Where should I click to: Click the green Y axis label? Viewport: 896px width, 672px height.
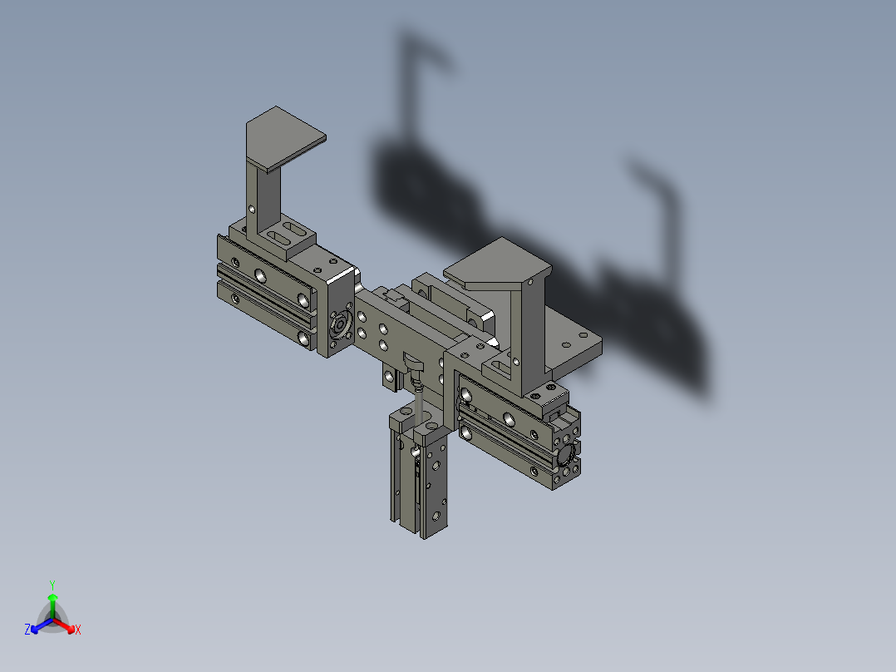tap(52, 585)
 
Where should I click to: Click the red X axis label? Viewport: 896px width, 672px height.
tap(78, 630)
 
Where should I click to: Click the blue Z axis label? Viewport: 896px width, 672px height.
tap(27, 629)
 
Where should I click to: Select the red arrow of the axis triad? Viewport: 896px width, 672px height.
tap(64, 625)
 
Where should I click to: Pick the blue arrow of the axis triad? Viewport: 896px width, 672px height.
tap(42, 625)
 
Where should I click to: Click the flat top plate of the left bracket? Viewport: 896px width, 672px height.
tap(286, 138)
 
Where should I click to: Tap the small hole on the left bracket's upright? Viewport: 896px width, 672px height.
tap(251, 210)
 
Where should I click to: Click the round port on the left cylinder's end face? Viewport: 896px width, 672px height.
tap(340, 325)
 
